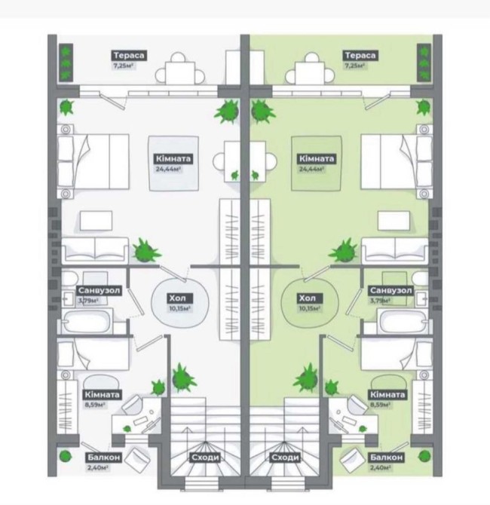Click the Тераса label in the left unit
[x=129, y=55]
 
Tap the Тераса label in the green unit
[x=360, y=55]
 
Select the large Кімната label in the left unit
[x=173, y=159]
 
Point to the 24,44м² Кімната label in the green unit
[x=316, y=159]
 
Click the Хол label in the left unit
[x=178, y=298]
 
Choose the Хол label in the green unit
[x=307, y=298]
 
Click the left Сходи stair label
[x=205, y=458]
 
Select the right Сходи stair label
[x=283, y=458]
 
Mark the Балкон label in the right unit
[x=387, y=458]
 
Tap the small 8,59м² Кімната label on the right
[x=387, y=394]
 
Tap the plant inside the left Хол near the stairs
[x=180, y=377]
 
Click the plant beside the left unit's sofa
[x=142, y=249]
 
